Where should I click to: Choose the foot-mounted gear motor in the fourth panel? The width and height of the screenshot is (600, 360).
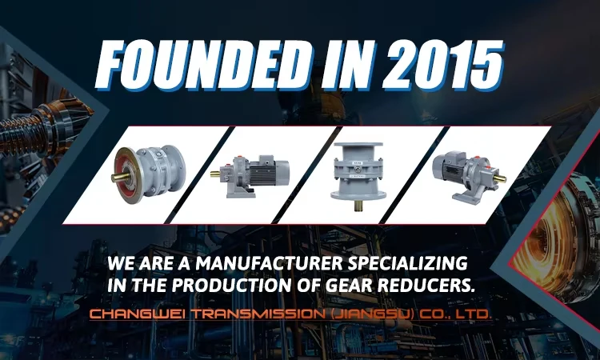point(462,170)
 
